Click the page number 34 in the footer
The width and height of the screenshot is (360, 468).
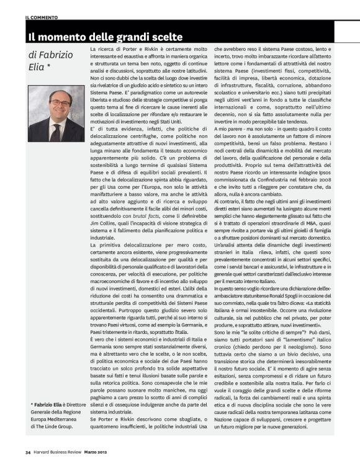tap(29, 459)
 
